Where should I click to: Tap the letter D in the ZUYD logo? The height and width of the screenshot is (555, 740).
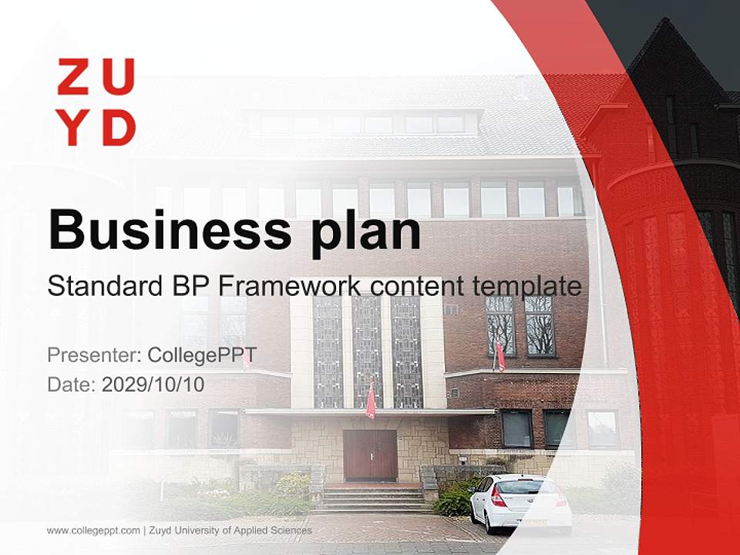119,128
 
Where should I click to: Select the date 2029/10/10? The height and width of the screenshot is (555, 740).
153,384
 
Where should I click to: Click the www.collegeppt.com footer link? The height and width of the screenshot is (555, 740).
93,530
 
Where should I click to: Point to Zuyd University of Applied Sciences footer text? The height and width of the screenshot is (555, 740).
230,530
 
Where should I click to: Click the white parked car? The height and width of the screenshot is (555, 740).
522,504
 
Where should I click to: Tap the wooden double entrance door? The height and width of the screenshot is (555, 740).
370,456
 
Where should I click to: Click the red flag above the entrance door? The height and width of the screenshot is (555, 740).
371,400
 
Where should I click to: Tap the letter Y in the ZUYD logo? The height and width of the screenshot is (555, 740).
76,128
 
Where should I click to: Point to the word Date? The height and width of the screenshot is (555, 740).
72,384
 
